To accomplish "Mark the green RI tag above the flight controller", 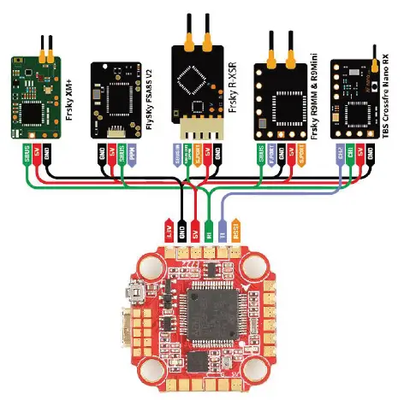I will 210,233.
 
